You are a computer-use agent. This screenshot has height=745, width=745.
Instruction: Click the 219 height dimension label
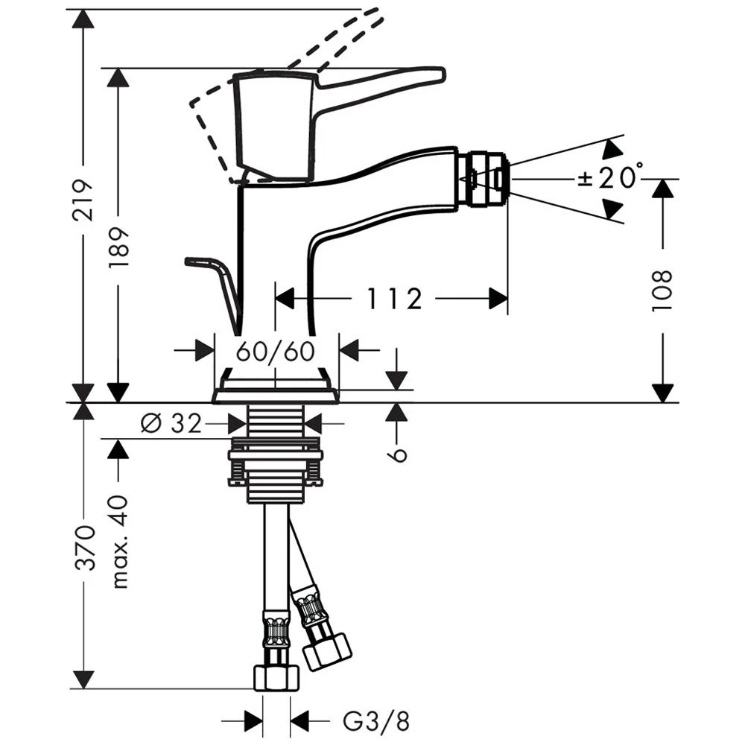point(83,200)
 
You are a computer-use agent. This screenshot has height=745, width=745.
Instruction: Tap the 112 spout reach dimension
point(394,299)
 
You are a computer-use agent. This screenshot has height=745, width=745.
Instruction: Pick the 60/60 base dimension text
point(276,352)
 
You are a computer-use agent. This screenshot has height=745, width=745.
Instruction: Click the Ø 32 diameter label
point(171,422)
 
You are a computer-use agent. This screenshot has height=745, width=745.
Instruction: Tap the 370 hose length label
point(85,547)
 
